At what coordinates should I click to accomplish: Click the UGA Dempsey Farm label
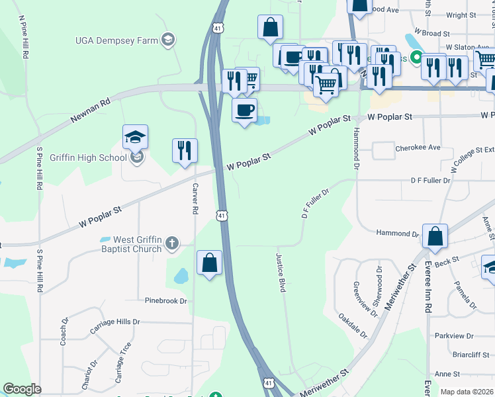coord(116,40)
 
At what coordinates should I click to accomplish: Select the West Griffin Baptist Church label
coord(128,244)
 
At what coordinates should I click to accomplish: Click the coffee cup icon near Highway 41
coord(244,109)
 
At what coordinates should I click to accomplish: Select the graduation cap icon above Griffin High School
coord(135,137)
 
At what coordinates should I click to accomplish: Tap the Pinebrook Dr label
coord(166,300)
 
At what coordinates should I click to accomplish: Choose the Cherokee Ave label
coord(418,148)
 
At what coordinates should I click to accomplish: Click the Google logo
coord(22,389)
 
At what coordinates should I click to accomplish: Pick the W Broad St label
coord(431,32)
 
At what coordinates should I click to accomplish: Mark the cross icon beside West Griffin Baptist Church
coord(171,243)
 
